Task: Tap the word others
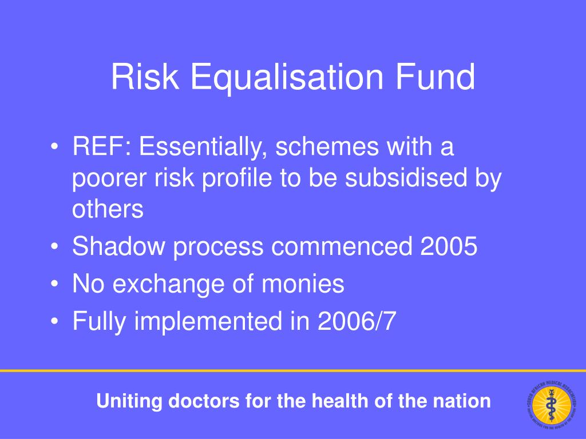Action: pos(108,210)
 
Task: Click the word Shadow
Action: pos(120,247)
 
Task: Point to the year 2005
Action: pos(449,247)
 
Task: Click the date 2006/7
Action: pos(355,321)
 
